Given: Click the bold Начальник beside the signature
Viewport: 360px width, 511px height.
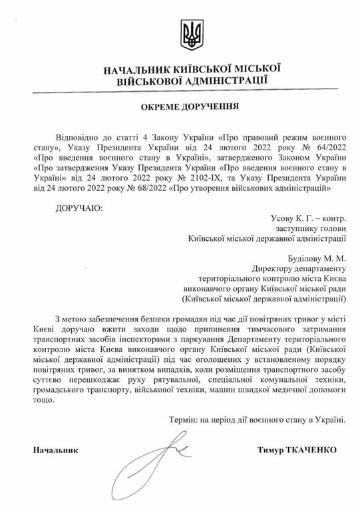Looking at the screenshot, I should click(56, 450).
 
